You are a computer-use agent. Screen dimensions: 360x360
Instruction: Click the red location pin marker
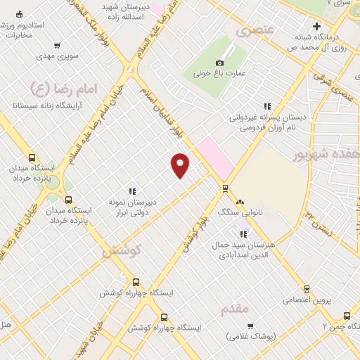[x=181, y=165]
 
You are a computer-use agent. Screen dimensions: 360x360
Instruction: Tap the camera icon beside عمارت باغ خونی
[x=219, y=63]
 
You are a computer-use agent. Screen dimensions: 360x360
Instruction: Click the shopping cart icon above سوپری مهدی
[x=56, y=46]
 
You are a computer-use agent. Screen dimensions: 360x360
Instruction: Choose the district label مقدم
[x=234, y=309]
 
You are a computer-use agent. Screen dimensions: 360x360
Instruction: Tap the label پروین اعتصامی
[x=306, y=300]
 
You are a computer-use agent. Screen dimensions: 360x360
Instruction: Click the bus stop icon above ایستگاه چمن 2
[x=347, y=316]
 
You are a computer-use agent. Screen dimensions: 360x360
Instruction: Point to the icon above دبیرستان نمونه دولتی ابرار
[x=131, y=191]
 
